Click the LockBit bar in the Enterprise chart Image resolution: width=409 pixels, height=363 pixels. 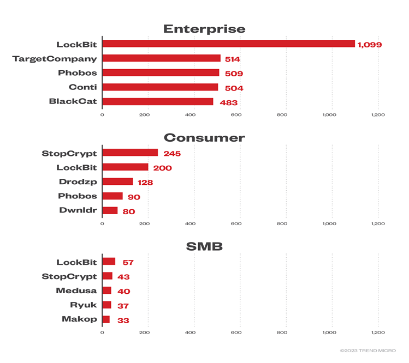[x=228, y=44]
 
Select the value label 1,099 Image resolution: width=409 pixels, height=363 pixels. [x=370, y=45]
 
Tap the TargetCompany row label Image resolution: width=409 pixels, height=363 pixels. [x=55, y=58]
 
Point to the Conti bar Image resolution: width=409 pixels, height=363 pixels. [x=160, y=87]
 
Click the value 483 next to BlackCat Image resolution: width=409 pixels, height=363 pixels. [x=229, y=102]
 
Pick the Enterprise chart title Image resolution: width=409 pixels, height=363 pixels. [x=204, y=29]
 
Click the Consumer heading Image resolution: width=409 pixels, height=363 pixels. [x=204, y=138]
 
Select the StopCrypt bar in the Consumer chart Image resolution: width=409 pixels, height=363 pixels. [x=130, y=153]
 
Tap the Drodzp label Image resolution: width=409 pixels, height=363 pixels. [x=78, y=181]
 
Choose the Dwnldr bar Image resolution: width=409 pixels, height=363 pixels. [x=110, y=210]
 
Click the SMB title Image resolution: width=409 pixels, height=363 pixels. [x=204, y=246]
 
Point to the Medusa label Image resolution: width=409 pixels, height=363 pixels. [x=76, y=291]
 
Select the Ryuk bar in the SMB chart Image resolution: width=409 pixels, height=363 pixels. [x=106, y=305]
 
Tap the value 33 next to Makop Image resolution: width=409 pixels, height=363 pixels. [x=123, y=320]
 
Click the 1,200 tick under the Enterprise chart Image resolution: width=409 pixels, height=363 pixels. [x=378, y=115]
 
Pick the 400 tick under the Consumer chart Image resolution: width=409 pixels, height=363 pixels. [x=191, y=223]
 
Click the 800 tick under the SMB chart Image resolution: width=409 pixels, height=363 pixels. [x=282, y=332]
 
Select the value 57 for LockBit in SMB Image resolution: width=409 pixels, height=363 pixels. [x=128, y=263]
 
